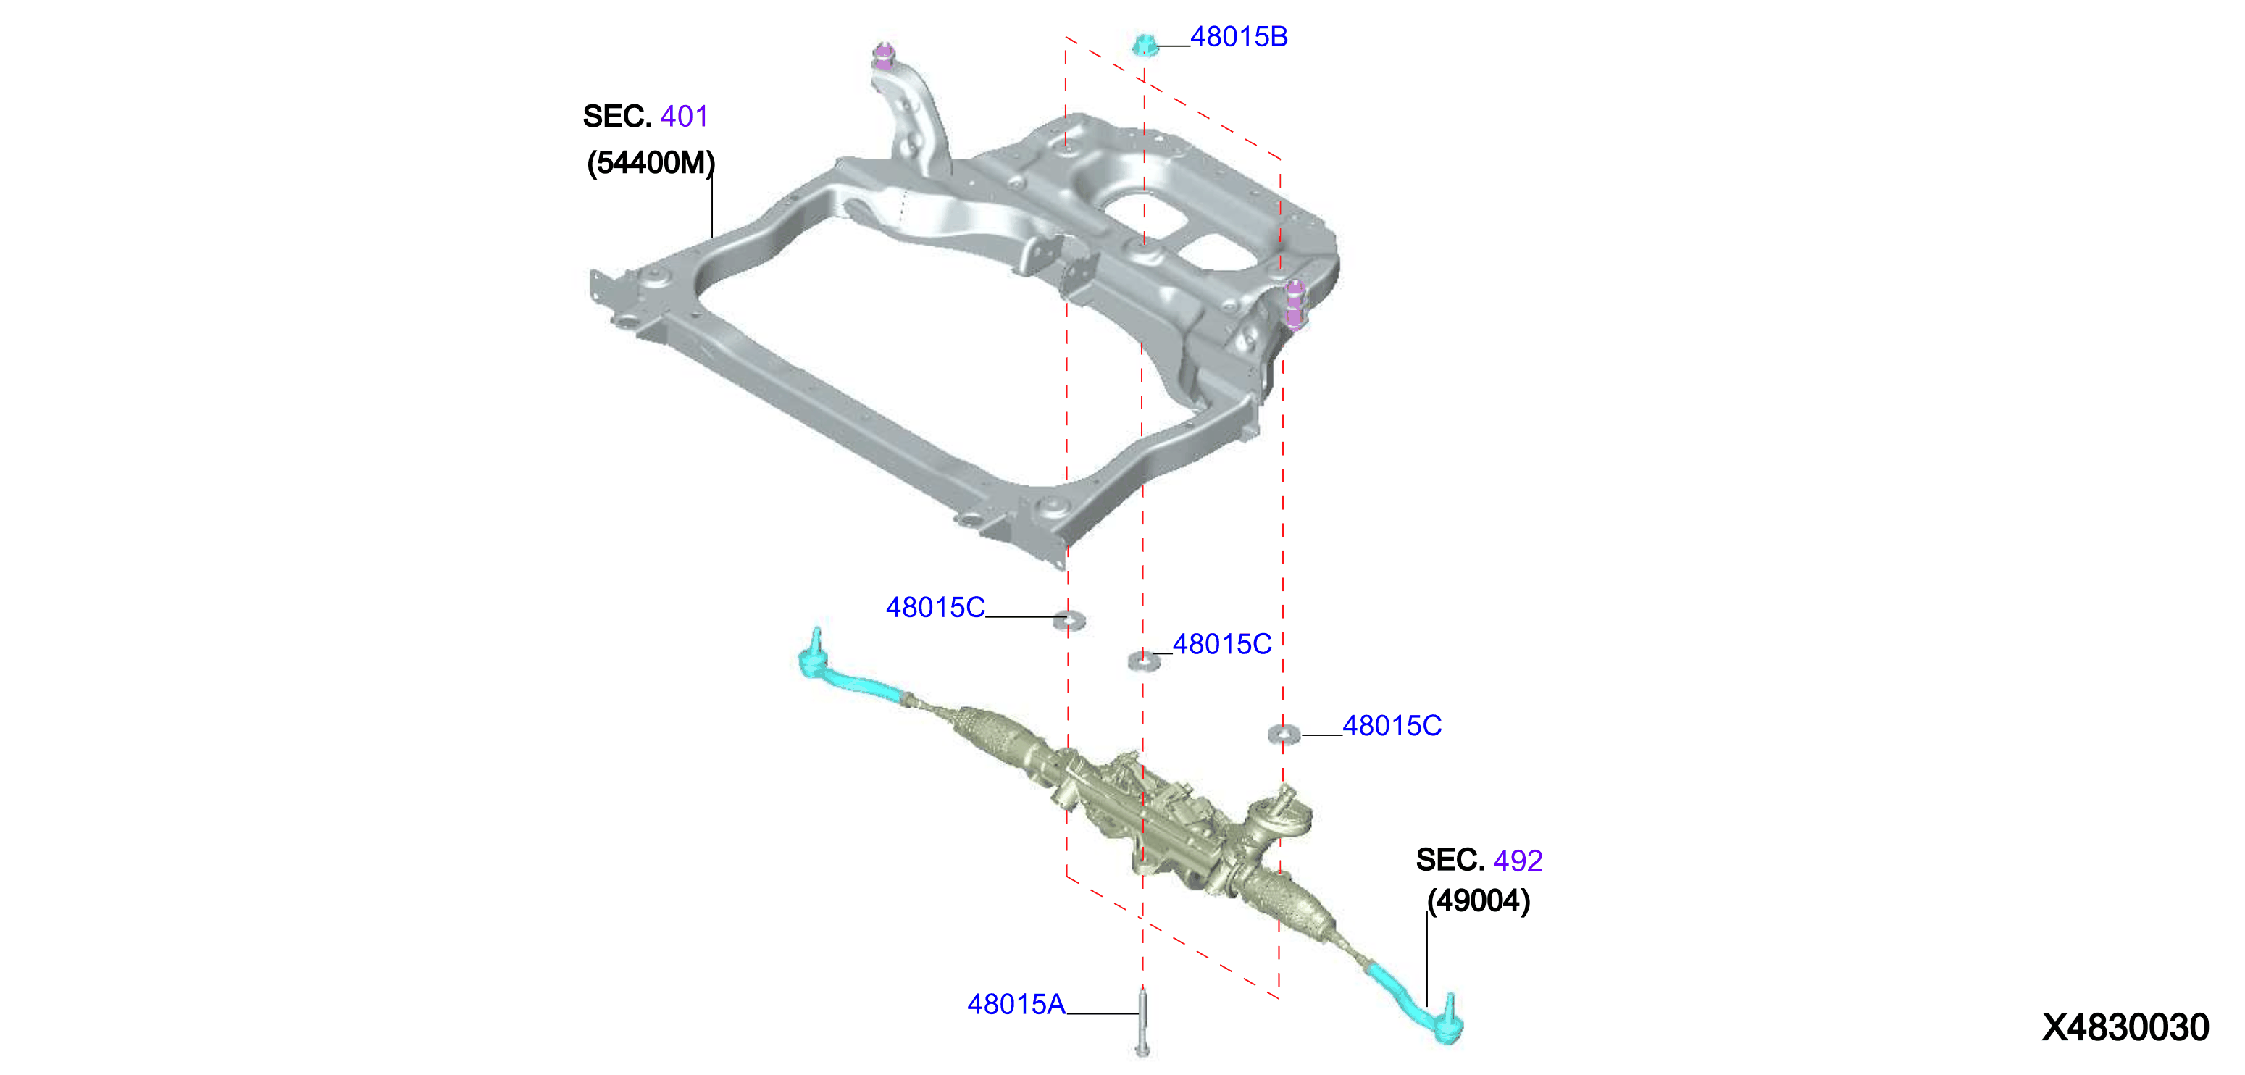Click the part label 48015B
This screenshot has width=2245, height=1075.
[x=1239, y=37]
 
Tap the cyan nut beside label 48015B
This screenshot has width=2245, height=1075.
[x=1145, y=44]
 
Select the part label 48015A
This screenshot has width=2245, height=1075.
[x=1016, y=1005]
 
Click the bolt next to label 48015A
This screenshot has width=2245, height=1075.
[x=1142, y=1021]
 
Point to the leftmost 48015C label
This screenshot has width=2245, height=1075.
[x=935, y=607]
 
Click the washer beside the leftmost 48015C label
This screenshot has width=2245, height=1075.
[x=1069, y=620]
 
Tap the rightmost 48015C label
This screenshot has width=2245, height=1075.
[x=1392, y=725]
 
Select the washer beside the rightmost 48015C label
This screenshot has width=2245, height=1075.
[x=1284, y=735]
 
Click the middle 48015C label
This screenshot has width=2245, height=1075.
[x=1222, y=644]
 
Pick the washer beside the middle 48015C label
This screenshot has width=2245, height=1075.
[x=1143, y=661]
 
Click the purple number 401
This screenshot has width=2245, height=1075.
[x=684, y=116]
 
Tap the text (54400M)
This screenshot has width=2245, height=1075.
[x=651, y=162]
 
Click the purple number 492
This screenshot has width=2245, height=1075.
[x=1518, y=861]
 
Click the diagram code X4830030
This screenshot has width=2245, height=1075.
[x=2125, y=1028]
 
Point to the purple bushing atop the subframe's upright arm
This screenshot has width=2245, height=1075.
[x=884, y=55]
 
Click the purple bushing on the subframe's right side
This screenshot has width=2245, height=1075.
[x=1295, y=304]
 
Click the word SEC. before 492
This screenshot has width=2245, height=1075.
[x=1450, y=861]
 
